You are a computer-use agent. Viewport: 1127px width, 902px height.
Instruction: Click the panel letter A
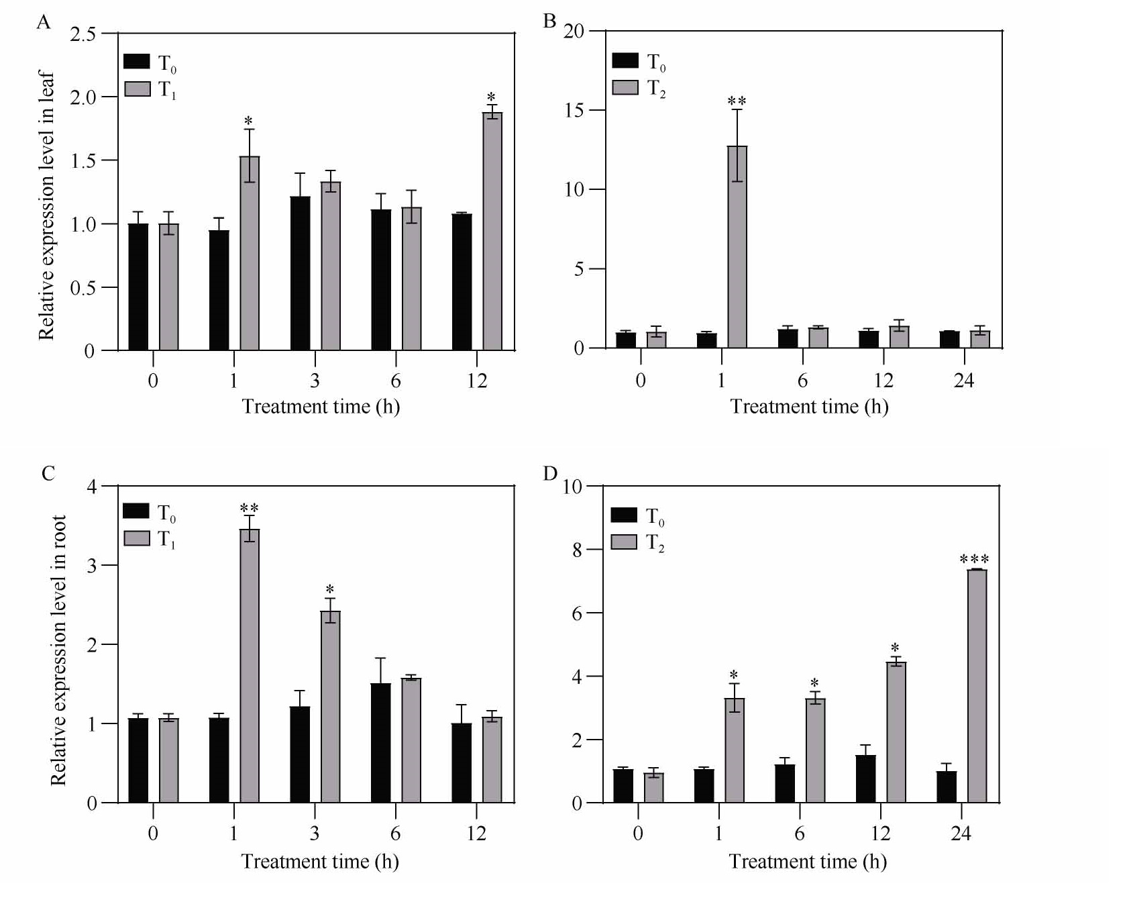pos(44,23)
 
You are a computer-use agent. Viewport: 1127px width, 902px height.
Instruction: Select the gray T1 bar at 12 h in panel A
pos(492,232)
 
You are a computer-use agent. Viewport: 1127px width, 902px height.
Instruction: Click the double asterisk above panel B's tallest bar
pos(737,102)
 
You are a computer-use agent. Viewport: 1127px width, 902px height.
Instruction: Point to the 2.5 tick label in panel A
pos(83,34)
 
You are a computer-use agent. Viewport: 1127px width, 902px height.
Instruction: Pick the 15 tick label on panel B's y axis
pos(574,110)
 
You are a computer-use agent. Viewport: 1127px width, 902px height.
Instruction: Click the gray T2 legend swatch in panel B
pos(625,87)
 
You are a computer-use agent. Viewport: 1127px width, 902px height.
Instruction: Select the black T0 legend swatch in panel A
pos(137,62)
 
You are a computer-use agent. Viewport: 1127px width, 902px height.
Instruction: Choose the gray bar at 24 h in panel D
pos(977,686)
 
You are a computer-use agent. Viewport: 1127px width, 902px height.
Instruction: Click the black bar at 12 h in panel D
pos(865,779)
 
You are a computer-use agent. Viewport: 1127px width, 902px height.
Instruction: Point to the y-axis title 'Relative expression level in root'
pos(59,650)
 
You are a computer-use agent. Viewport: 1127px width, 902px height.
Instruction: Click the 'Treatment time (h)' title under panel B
pos(809,407)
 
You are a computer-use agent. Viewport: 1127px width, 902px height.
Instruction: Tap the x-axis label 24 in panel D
pos(961,834)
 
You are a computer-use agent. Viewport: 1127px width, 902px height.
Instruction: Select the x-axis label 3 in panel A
pos(315,381)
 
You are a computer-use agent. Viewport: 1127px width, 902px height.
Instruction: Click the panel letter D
pos(550,474)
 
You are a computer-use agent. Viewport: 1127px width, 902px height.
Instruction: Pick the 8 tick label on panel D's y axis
pos(577,550)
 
